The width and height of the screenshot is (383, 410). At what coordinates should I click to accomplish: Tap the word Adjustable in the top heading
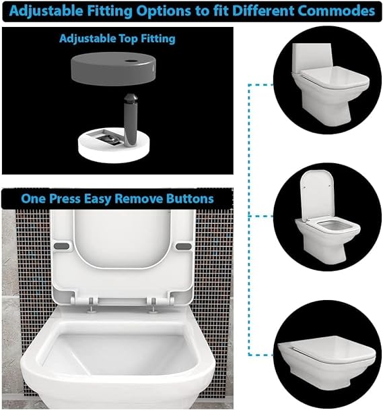click(46, 11)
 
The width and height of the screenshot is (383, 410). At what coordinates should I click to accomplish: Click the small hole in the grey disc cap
click(131, 61)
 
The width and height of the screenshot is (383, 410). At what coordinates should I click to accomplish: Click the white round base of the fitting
click(114, 148)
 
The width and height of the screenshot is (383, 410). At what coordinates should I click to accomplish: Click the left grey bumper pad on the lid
click(62, 246)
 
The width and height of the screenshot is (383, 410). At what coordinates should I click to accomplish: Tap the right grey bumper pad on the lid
click(184, 246)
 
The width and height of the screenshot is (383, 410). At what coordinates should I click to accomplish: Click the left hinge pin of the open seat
click(91, 305)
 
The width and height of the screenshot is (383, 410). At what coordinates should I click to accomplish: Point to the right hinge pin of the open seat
click(153, 305)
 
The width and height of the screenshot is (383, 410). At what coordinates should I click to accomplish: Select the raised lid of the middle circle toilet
click(316, 196)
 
